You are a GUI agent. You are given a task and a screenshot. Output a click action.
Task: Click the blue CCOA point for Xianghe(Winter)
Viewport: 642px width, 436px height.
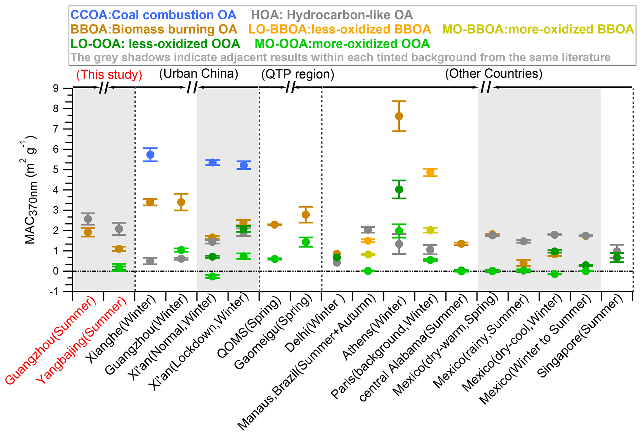pos(151,155)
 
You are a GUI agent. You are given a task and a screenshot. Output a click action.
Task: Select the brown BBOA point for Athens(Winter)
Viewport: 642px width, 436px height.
pos(399,116)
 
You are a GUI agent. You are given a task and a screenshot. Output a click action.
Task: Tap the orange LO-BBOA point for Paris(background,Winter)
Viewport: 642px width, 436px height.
pos(430,172)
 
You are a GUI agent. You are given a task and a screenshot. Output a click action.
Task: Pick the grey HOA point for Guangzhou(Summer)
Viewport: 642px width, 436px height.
pos(88,219)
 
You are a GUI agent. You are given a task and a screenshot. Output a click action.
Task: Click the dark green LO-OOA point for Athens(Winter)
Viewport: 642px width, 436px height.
pos(399,189)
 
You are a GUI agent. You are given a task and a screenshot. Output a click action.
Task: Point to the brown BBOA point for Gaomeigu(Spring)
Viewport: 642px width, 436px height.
pos(306,215)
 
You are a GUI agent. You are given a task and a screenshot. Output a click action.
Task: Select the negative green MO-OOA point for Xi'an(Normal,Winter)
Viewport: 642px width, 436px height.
pos(212,276)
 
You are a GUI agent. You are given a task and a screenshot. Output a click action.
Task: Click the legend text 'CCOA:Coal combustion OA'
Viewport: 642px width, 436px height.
pos(153,15)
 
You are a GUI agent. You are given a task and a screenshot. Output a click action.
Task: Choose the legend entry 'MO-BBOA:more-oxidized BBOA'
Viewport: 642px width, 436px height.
pos(538,29)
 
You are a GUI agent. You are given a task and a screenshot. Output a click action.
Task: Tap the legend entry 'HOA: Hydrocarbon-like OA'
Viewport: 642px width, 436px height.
pos(332,15)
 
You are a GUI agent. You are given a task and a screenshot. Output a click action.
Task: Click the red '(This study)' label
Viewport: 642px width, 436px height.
pos(109,75)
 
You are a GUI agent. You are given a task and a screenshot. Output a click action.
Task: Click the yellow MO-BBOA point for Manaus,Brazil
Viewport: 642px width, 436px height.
pos(368,255)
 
